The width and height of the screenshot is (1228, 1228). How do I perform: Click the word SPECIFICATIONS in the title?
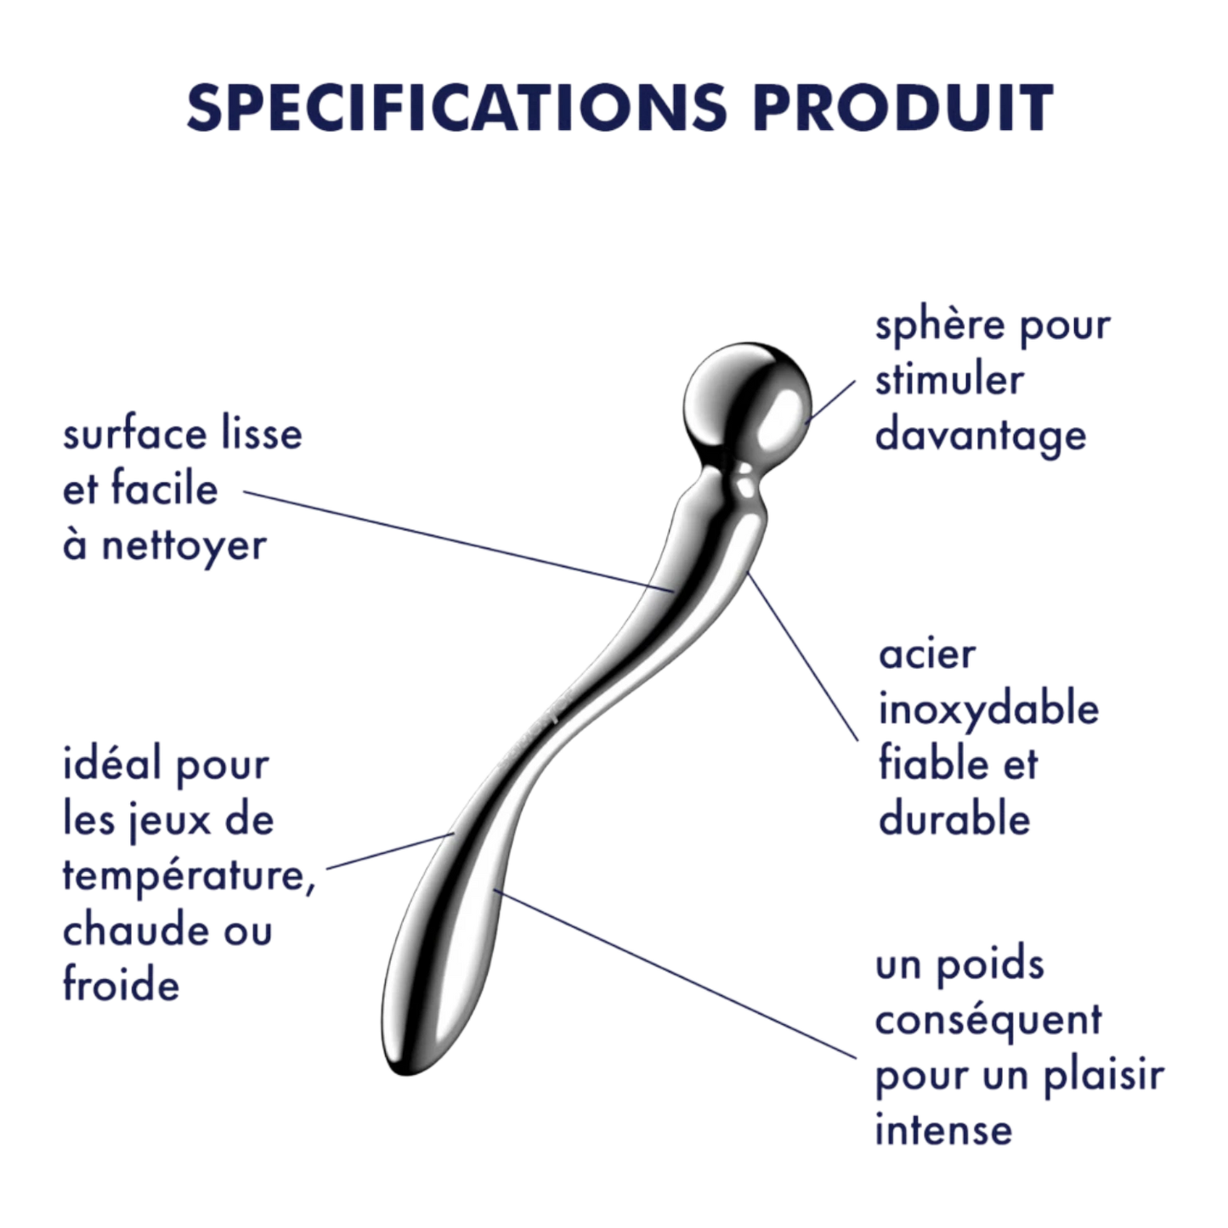point(456,107)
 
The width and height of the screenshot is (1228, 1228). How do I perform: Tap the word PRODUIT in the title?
point(903,107)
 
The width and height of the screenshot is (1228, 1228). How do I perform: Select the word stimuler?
point(949,381)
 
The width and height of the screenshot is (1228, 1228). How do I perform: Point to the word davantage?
point(980,437)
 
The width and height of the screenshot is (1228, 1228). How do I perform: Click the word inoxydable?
point(988,710)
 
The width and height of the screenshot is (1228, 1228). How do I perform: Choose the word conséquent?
point(987,1021)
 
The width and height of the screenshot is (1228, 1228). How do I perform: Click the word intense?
point(943,1131)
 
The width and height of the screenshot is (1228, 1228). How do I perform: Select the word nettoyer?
point(184,546)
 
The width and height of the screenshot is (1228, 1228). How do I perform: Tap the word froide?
point(121,984)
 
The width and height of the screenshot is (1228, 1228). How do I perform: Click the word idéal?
point(111,763)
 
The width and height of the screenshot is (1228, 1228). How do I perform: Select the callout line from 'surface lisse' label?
point(458,541)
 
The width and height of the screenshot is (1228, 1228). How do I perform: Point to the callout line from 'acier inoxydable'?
point(803,657)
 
